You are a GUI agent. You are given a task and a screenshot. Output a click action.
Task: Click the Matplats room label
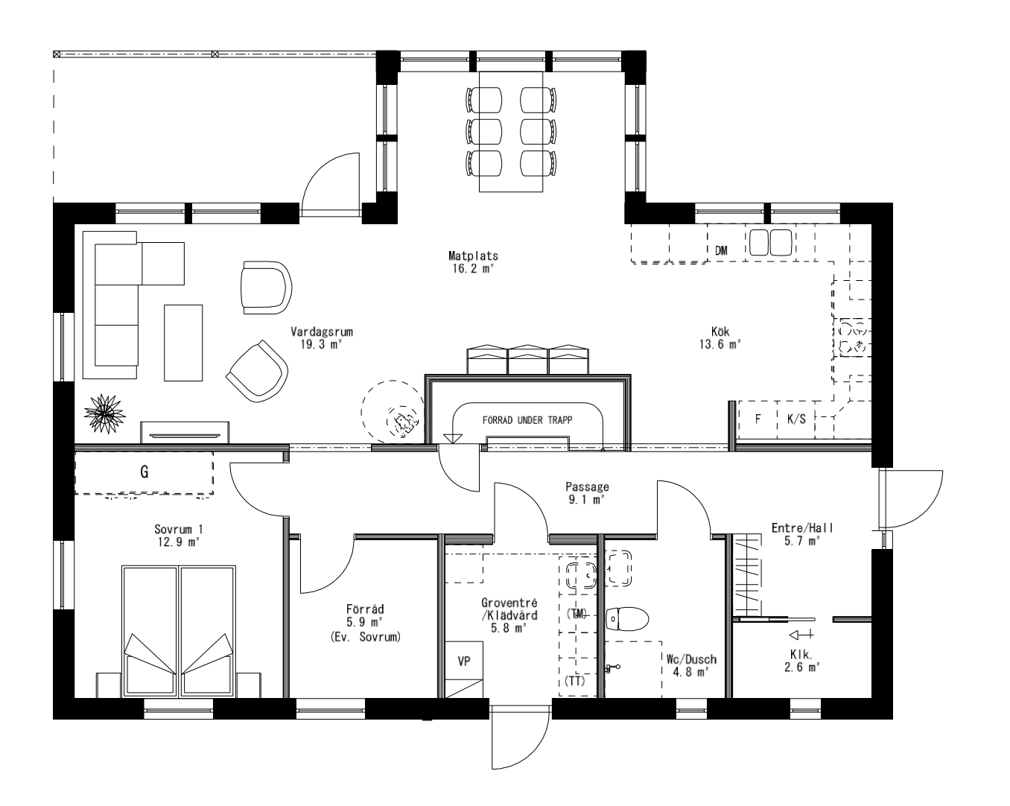[x=478, y=261]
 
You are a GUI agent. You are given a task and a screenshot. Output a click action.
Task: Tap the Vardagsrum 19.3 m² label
[x=321, y=337]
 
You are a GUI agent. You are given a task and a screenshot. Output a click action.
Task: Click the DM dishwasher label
[x=720, y=251]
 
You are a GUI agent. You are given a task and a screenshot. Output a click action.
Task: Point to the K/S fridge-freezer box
[x=796, y=419]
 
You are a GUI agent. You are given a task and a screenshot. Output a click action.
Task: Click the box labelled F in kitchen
[x=757, y=419]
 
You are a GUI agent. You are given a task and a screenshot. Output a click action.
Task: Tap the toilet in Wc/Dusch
[x=626, y=618]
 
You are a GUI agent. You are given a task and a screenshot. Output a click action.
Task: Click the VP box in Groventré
[x=464, y=661]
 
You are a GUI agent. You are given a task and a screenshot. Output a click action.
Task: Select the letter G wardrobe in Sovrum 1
[x=144, y=472]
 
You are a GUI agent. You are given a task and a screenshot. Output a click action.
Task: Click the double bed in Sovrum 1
[x=178, y=630]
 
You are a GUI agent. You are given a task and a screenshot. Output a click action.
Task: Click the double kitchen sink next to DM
[x=770, y=243]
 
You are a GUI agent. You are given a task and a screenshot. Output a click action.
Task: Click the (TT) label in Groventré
[x=575, y=681]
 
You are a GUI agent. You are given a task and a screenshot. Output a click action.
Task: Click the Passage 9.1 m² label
[x=587, y=493]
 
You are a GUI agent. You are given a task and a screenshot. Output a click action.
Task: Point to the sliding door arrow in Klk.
[x=800, y=635]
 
